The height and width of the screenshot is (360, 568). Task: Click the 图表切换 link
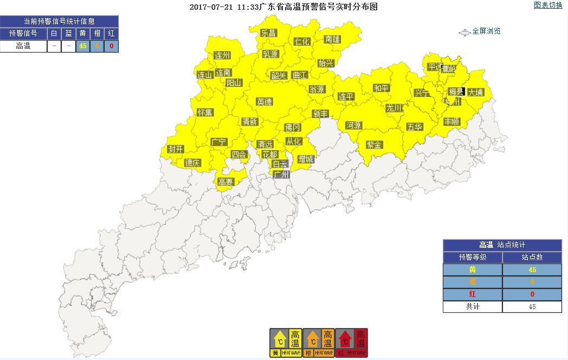548,5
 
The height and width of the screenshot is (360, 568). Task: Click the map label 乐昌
268,33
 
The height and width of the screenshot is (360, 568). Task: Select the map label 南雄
332,39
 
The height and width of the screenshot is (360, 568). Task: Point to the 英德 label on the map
264,101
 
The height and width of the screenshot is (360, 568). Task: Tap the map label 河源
353,125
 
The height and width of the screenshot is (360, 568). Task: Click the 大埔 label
475,92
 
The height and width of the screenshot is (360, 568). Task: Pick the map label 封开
176,149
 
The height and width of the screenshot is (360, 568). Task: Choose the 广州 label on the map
281,175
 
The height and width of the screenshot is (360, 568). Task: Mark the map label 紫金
374,145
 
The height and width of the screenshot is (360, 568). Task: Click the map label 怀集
205,112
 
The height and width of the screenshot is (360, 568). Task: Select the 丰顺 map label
451,121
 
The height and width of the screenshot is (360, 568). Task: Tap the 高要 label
225,182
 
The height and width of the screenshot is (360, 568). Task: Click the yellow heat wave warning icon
286,342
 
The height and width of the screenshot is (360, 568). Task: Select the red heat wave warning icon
352,342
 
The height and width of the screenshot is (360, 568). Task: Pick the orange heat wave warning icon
319,342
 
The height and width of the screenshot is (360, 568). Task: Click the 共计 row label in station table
472,306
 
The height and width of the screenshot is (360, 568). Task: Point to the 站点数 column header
532,258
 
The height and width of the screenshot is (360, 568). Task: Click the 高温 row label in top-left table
23,46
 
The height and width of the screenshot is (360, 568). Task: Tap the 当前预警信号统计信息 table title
59,21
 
